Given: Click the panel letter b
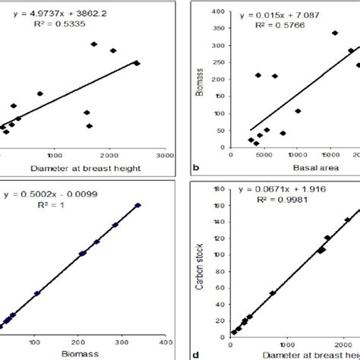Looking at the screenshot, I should (x=197, y=166).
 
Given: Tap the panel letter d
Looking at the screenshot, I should (x=197, y=354).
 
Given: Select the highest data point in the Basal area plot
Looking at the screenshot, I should (x=335, y=33).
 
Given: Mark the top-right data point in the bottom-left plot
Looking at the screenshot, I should (x=138, y=204).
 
